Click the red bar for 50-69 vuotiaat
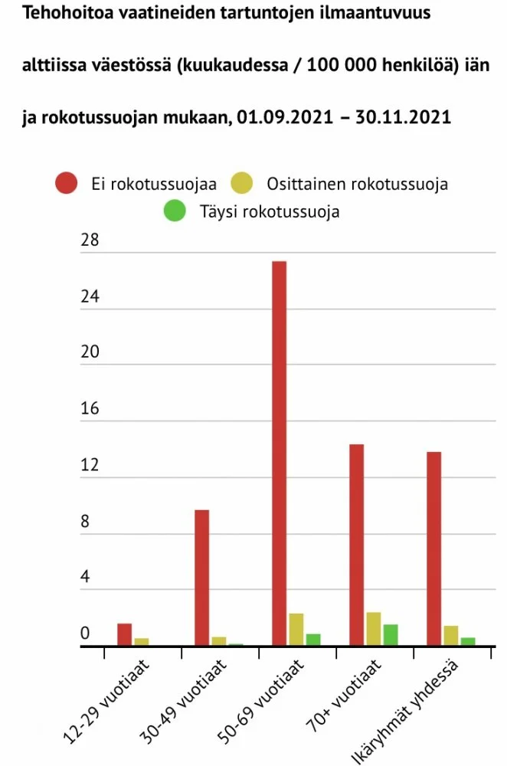279,453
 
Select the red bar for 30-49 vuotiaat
201,578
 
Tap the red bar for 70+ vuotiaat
356,545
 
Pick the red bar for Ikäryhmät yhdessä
433,548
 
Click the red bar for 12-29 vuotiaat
124,635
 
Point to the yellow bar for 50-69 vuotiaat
296,630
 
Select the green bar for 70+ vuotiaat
391,635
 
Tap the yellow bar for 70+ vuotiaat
374,629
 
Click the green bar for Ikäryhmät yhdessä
468,642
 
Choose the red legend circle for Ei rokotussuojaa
66,184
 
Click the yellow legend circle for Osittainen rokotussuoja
242,184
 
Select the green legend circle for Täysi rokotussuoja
175,211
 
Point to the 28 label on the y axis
90,241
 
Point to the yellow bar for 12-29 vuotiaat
141,642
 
